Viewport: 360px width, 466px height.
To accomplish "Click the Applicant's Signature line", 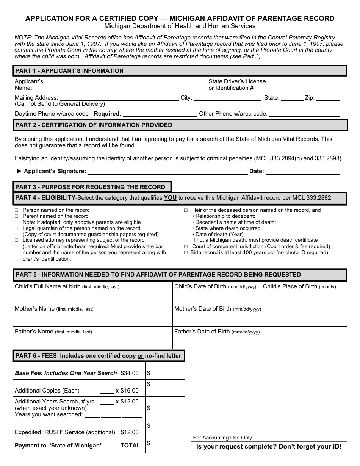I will tap(167, 172).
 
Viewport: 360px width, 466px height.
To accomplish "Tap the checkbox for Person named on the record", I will tap(16, 210).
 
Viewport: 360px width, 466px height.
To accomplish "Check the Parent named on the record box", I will tap(16, 216).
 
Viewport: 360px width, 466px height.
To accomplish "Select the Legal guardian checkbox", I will tap(16, 228).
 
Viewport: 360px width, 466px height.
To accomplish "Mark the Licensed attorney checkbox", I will tap(16, 240).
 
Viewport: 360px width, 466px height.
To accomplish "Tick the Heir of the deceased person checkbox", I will tap(186, 210).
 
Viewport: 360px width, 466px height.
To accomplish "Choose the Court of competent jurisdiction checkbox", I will tap(186, 247).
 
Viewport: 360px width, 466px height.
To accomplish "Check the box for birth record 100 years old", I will tap(186, 253).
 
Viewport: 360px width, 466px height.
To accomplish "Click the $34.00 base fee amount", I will tap(130, 373).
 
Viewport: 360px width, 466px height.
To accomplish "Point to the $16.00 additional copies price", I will tap(130, 391).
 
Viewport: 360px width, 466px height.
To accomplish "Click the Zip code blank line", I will tap(328, 99).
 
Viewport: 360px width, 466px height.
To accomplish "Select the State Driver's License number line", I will tap(297, 89).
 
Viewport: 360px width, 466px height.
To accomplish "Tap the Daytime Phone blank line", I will tap(160, 114).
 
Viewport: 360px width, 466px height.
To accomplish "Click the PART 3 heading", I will tap(90, 187).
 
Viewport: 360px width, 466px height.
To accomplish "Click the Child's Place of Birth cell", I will tap(304, 293).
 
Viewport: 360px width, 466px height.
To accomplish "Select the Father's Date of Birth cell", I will tap(260, 338).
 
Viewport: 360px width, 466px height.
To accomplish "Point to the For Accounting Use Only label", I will tap(222, 438).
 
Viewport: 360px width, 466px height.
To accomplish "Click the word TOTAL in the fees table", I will tap(130, 446).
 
